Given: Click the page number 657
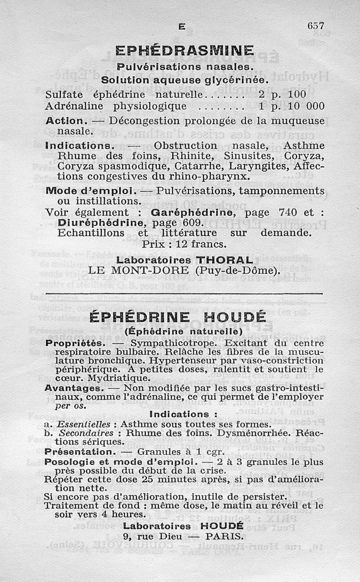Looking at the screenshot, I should pyautogui.click(x=315, y=26).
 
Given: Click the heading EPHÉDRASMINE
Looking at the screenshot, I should pyautogui.click(x=184, y=50).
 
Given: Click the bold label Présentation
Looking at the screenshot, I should pyautogui.click(x=80, y=451).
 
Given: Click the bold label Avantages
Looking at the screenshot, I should pyautogui.click(x=72, y=388).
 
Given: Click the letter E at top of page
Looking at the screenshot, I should pyautogui.click(x=182, y=27).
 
